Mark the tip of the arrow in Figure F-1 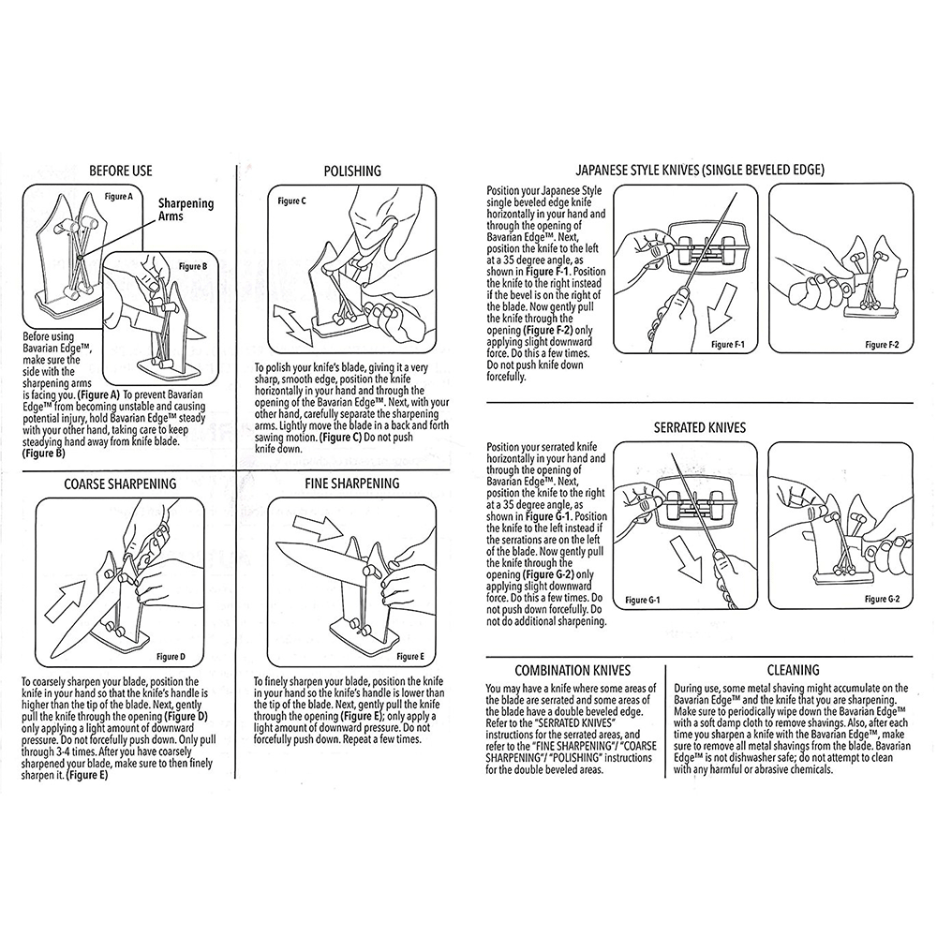(711, 333)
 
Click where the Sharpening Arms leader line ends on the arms (80, 258)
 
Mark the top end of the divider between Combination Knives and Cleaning (665, 665)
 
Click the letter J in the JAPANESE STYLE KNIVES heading (578, 171)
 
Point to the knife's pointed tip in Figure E (279, 545)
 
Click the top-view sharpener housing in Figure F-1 (706, 246)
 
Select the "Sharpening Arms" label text (186, 209)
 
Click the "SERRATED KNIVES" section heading (699, 428)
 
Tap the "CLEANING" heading (793, 671)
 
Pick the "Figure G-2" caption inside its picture (882, 599)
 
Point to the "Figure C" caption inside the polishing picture (292, 201)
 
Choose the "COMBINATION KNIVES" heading (573, 671)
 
